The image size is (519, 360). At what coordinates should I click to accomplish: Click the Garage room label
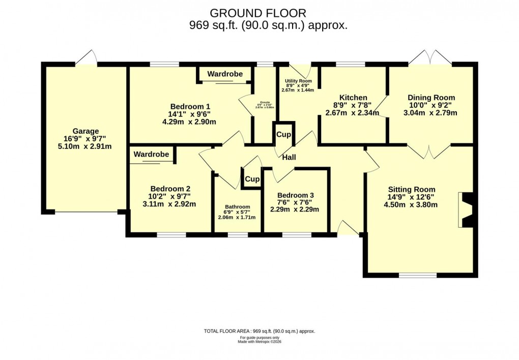point(85,131)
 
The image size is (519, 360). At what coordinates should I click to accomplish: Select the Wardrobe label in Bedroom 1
point(225,74)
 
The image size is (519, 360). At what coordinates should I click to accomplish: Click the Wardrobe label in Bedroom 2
point(151,154)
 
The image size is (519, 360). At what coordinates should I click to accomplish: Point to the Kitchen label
point(353,98)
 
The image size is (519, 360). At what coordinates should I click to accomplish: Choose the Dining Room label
point(431,98)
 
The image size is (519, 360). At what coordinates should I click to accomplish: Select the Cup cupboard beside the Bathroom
point(252,179)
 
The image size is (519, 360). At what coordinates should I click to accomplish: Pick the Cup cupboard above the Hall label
point(283,135)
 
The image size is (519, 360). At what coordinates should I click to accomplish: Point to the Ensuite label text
point(264,102)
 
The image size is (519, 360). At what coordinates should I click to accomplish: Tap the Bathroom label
point(237,207)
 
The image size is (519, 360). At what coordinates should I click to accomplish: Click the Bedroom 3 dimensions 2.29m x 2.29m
point(295,209)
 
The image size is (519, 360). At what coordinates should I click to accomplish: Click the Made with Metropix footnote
point(259,342)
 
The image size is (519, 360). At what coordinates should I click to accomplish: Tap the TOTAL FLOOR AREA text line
point(259,331)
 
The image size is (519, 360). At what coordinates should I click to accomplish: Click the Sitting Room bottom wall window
point(417,275)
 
